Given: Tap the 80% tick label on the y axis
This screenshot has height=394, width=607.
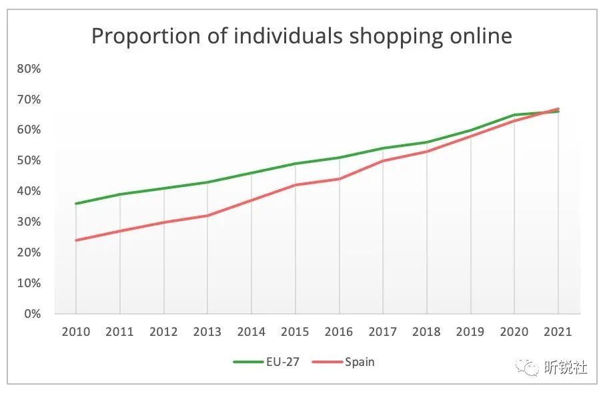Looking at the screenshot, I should [29, 69].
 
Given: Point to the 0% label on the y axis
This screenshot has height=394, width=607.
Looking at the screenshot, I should [32, 314].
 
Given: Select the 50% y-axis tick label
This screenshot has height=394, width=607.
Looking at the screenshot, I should [29, 161].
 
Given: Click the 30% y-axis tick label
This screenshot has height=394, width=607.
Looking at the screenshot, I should [29, 222].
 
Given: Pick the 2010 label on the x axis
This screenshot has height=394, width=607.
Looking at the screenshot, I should [75, 331].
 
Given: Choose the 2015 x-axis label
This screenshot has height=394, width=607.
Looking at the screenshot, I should [295, 331].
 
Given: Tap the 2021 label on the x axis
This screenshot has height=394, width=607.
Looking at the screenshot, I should [558, 331].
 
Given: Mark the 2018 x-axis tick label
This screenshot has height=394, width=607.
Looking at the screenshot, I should [427, 331].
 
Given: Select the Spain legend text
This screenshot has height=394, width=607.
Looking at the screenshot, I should [360, 362].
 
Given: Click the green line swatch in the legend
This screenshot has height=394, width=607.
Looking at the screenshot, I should [249, 362].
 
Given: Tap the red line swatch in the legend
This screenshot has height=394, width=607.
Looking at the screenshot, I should [326, 362].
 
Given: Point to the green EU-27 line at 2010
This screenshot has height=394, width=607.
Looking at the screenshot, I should [76, 204].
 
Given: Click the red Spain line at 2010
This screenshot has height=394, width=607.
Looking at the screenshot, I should [76, 240].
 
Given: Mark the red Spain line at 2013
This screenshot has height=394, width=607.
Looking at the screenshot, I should [207, 216].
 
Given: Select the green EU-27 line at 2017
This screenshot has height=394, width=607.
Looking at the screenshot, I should [383, 148].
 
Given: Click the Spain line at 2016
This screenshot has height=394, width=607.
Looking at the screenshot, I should [339, 179].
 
